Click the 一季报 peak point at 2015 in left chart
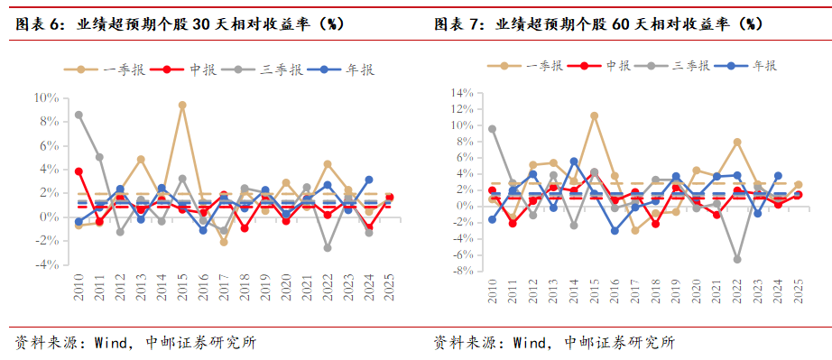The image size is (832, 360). point(182,106)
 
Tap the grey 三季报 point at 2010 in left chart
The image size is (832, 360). point(79,115)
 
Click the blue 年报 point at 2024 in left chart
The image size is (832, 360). point(368,180)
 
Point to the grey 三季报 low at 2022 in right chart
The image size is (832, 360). point(737,259)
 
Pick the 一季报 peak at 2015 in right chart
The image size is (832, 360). point(595,115)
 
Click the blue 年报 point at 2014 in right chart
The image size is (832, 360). point(574,162)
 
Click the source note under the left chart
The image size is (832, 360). point(135,342)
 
